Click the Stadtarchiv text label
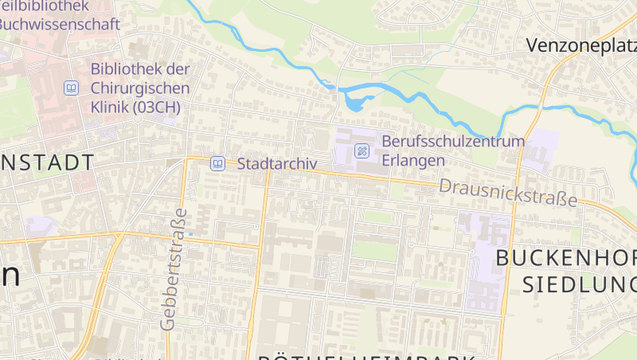(277, 163)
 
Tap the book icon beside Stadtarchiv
(217, 163)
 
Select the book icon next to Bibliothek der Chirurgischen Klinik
(72, 88)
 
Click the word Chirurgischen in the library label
(140, 88)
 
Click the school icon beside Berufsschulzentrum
(361, 150)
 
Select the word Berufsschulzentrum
(453, 141)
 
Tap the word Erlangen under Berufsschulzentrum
(412, 159)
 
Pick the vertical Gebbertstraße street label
(174, 268)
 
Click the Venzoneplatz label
(581, 45)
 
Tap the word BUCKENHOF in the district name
(566, 257)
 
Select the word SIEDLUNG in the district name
(579, 283)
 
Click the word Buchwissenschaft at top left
(60, 24)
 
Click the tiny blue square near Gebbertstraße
(190, 233)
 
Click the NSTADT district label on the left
(46, 163)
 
